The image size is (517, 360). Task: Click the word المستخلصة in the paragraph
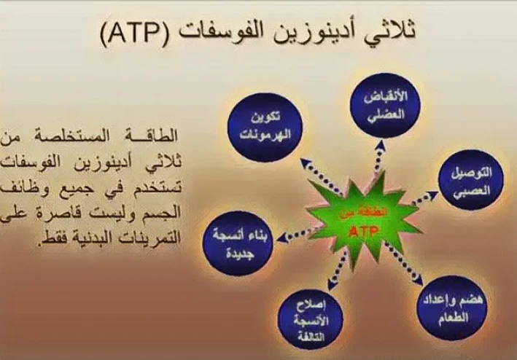click(117, 136)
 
